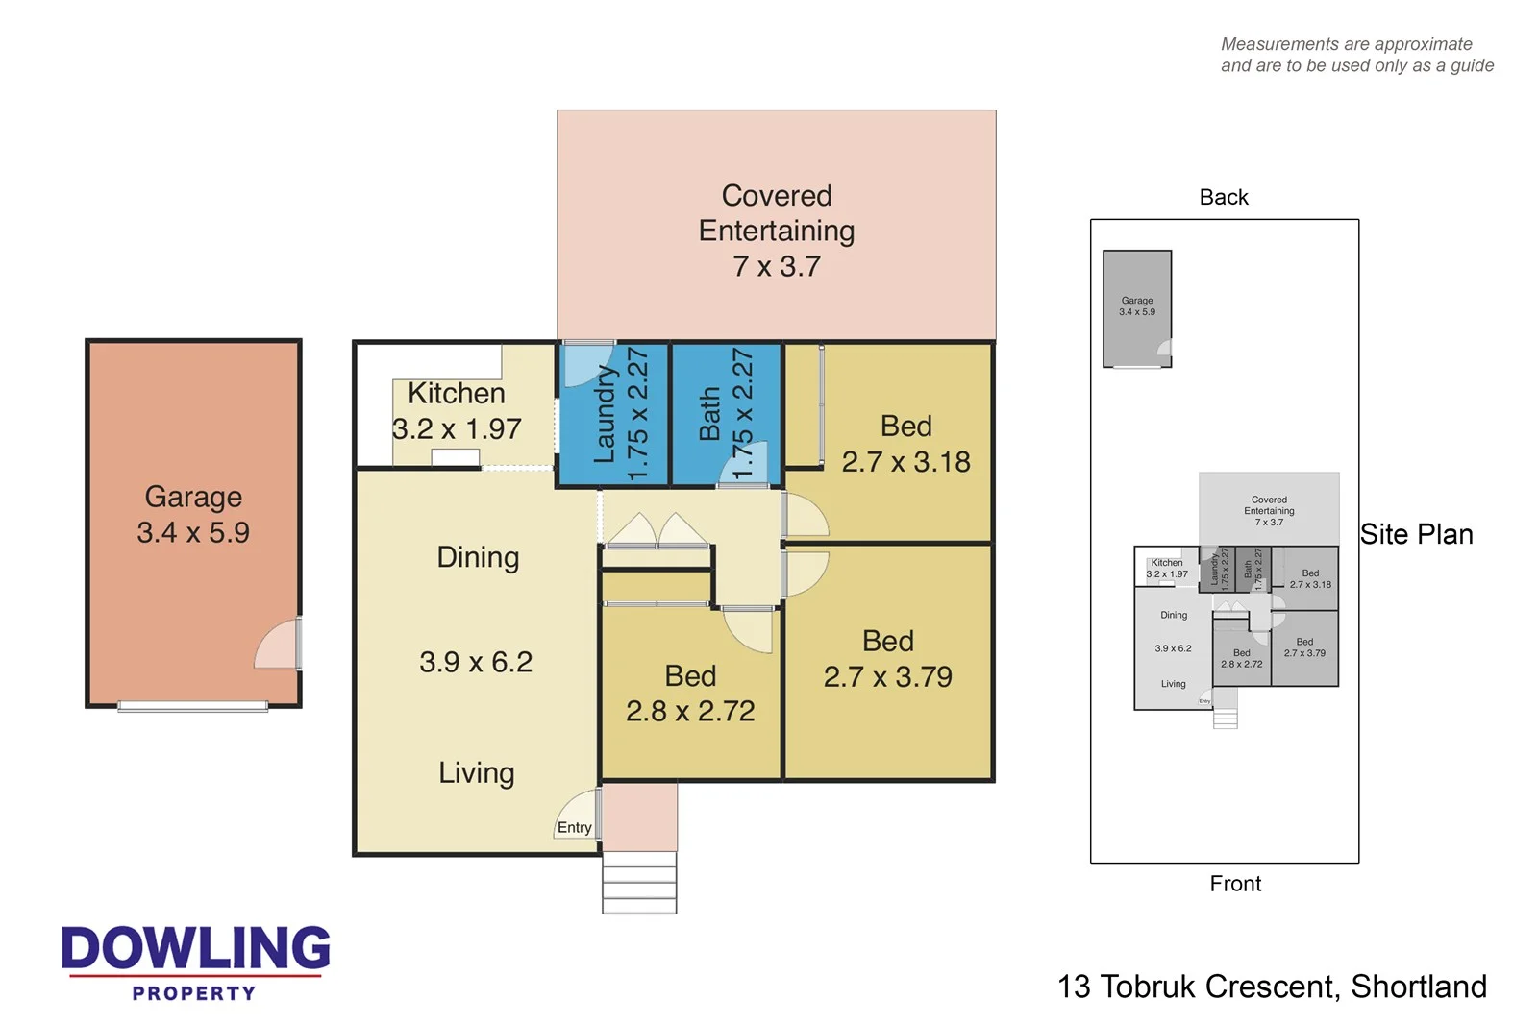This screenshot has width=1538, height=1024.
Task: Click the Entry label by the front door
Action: pos(574,827)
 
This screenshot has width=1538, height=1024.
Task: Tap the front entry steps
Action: pos(639,882)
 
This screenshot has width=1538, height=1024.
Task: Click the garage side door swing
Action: pos(277,646)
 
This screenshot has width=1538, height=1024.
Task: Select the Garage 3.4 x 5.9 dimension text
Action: pos(193,532)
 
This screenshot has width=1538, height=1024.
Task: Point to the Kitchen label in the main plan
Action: pos(456,393)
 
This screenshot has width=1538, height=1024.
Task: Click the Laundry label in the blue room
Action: pos(604,413)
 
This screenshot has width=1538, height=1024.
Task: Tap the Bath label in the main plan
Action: pos(709,414)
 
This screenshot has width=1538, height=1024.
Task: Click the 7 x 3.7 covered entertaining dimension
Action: pos(777,266)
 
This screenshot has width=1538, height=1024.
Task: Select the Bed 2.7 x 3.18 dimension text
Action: pos(905,462)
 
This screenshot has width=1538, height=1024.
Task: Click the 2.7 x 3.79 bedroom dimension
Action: pos(887,676)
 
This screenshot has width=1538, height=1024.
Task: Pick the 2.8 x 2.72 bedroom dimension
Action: pos(690,711)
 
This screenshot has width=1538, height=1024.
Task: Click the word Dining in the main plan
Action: pos(478,557)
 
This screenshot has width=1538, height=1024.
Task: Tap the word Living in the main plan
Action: pos(477,772)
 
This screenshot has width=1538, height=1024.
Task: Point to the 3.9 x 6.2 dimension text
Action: pos(476,662)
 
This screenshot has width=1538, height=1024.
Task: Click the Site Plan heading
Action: pos(1416,534)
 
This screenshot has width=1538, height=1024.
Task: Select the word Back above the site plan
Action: pos(1224,197)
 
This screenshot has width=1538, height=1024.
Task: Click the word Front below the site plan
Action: pos(1235,884)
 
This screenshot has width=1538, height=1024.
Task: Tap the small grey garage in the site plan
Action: pos(1137,307)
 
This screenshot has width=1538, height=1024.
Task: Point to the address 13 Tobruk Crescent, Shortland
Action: pos(1272,987)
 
